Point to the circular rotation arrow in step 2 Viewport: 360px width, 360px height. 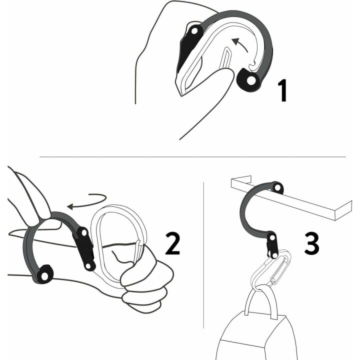[87, 200]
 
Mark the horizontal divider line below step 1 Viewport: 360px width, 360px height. [192, 156]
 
